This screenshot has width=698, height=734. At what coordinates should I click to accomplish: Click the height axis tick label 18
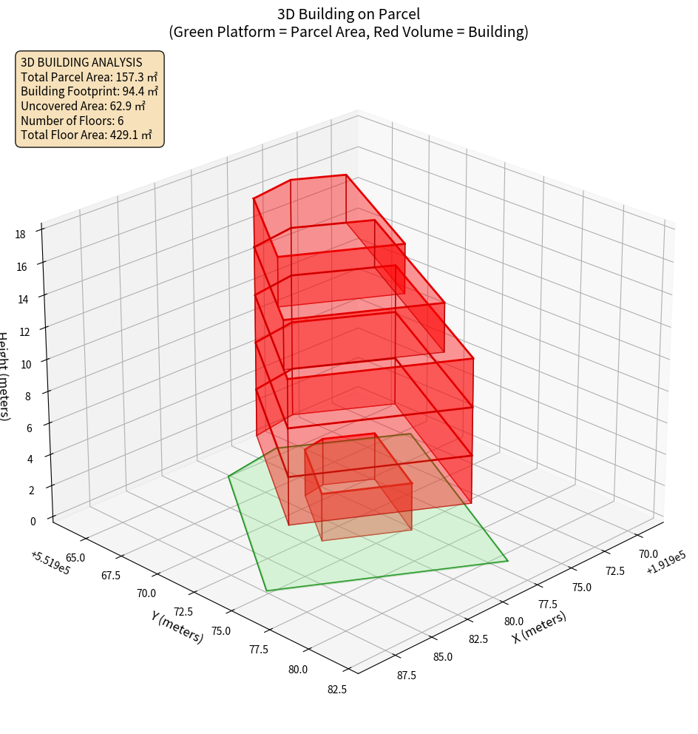pyautogui.click(x=20, y=235)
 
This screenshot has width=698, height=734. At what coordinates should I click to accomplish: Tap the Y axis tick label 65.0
pyautogui.click(x=75, y=557)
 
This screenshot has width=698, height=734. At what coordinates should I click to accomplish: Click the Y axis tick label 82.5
pyautogui.click(x=336, y=690)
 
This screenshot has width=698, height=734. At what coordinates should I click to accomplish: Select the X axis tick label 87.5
pyautogui.click(x=406, y=675)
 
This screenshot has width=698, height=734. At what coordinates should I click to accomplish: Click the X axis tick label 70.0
pyautogui.click(x=648, y=553)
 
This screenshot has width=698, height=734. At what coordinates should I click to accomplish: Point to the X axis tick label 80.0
pyautogui.click(x=514, y=621)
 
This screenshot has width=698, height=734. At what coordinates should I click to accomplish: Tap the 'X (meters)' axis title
pyautogui.click(x=540, y=627)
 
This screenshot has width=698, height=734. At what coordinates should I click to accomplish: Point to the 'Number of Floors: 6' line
pyautogui.click(x=72, y=121)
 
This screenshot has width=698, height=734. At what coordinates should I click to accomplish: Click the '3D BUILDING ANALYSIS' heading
pyautogui.click(x=81, y=62)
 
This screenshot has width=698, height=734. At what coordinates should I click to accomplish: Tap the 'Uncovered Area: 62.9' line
pyautogui.click(x=89, y=106)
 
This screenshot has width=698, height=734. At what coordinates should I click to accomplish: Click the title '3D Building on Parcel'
pyautogui.click(x=348, y=14)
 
